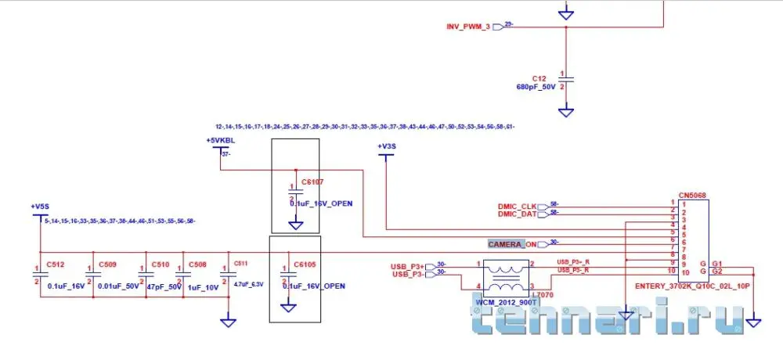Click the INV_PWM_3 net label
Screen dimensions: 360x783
[468, 27]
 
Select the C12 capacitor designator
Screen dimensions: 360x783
[539, 78]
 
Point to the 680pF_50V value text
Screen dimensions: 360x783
[536, 87]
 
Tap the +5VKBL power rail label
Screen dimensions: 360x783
[221, 140]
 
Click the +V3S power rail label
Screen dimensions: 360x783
[387, 146]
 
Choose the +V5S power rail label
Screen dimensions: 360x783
[41, 207]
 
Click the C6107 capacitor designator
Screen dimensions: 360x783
[312, 182]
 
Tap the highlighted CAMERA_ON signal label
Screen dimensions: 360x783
[513, 244]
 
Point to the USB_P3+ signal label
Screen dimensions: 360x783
[407, 266]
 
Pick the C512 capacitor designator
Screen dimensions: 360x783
[56, 264]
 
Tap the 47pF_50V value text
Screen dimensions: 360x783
[164, 286]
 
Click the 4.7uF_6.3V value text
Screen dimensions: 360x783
[248, 284]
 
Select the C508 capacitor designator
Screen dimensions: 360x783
[197, 264]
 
